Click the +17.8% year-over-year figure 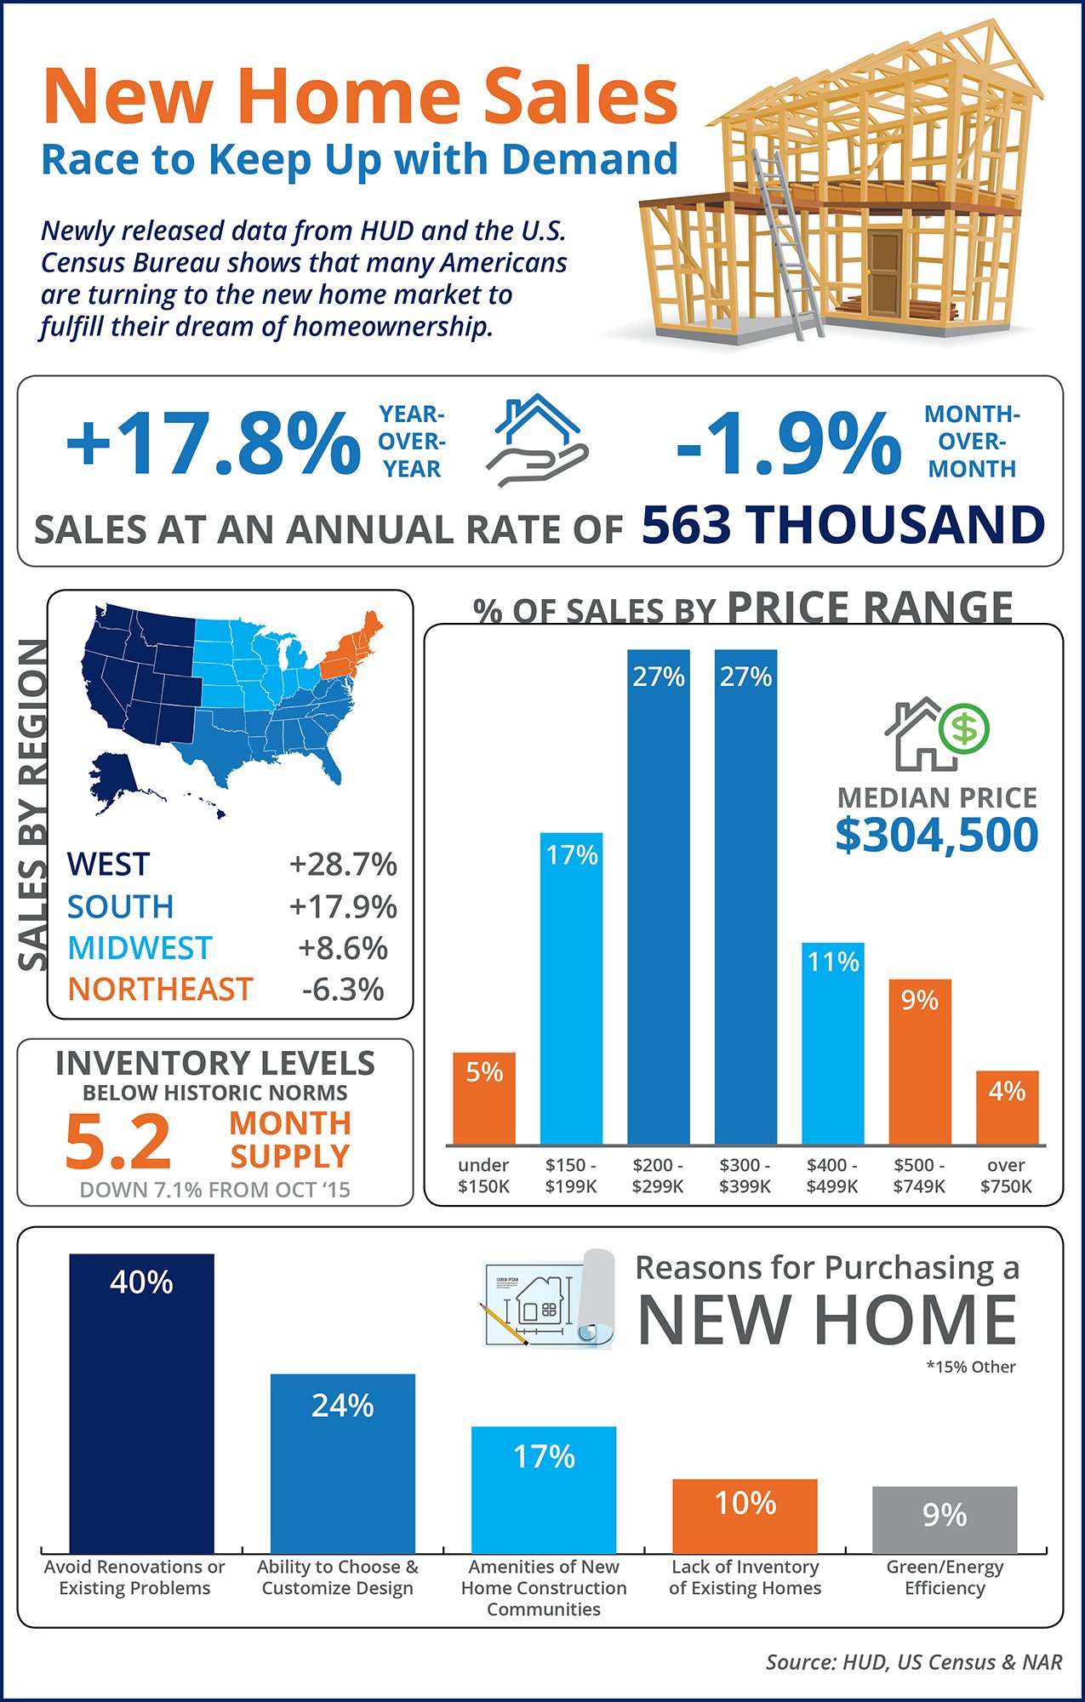(x=213, y=443)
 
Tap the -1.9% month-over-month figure (x=788, y=443)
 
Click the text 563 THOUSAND (x=842, y=525)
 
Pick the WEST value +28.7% (x=343, y=865)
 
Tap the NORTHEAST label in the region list (x=160, y=990)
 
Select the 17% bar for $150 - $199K (x=571, y=987)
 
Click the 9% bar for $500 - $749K (x=920, y=1062)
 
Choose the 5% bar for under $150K (x=484, y=1099)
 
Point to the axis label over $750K (x=1006, y=1175)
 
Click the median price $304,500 (x=936, y=835)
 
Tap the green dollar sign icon (x=964, y=728)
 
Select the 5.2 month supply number (x=118, y=1141)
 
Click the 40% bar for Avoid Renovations (x=141, y=1404)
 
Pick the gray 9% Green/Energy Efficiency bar (x=945, y=1520)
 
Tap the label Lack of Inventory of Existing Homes (x=745, y=1577)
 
